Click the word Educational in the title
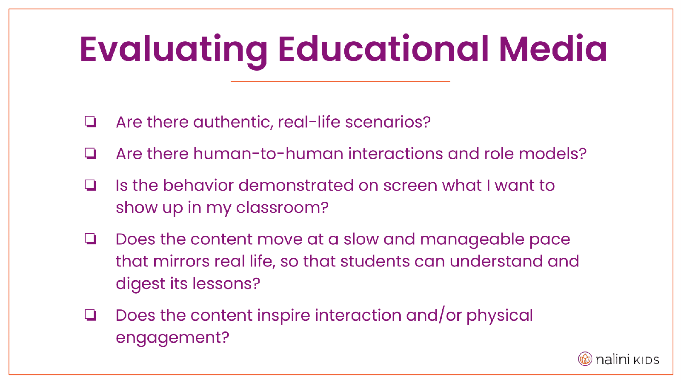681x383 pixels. (383, 49)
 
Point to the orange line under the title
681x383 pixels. (340, 81)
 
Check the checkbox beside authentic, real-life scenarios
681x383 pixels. (90, 122)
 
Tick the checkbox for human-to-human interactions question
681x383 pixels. (90, 154)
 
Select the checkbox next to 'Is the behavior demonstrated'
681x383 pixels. (90, 186)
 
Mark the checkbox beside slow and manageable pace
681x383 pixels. (90, 239)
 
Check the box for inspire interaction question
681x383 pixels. (90, 315)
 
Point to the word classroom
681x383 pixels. (282, 208)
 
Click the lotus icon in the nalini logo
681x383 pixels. (585, 359)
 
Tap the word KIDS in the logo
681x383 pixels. (646, 360)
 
